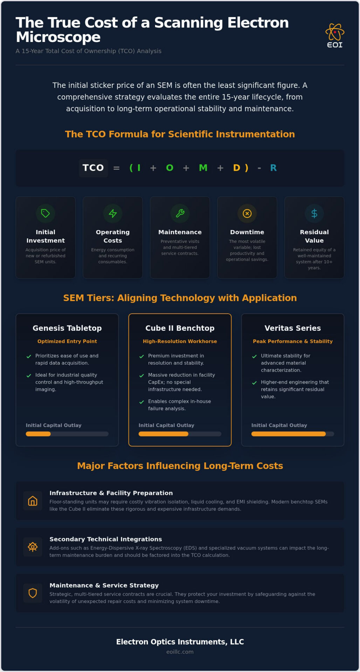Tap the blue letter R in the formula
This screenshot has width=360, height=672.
coord(274,168)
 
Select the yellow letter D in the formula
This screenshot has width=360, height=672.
coord(237,168)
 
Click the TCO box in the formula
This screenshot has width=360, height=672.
coord(93,168)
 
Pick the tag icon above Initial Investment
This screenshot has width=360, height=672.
coord(46,213)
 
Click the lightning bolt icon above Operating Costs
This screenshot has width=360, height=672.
coord(113,213)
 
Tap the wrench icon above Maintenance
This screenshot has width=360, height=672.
coord(180,213)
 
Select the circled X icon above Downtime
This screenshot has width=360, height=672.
coord(247,213)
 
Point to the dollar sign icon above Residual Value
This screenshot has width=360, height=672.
coord(314,213)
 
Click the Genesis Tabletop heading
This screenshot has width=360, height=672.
coord(67,328)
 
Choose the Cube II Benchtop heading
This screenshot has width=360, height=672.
coord(180,328)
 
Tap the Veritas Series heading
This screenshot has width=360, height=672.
coord(293,328)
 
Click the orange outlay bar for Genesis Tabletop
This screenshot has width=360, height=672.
coord(38,434)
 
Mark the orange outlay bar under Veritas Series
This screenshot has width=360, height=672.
coord(289,434)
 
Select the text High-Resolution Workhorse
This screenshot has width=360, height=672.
coord(180,341)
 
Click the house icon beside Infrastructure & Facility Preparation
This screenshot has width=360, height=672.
coord(33,501)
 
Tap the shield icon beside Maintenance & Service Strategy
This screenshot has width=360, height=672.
coord(33,593)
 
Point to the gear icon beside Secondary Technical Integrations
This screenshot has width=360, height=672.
coord(33,547)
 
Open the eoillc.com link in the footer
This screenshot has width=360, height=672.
coord(180,652)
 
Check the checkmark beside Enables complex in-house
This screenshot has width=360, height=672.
coord(141,402)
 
